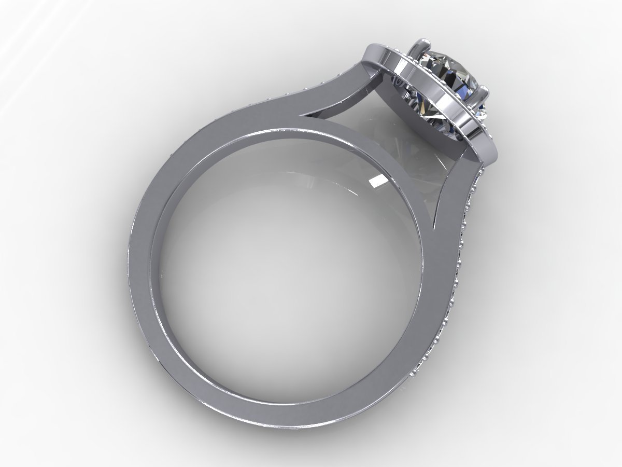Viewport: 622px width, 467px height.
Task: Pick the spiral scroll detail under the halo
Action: pos(399,83)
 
